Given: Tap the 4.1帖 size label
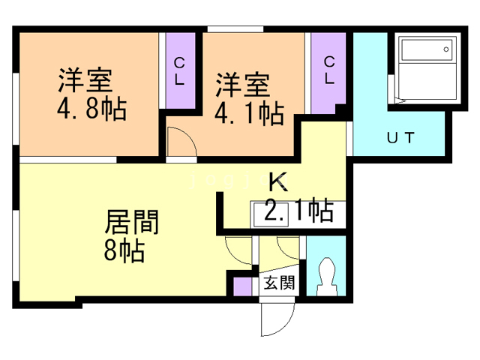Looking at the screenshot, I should click(x=249, y=114).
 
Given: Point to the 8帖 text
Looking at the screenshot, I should click(x=124, y=250).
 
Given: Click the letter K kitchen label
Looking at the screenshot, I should click(x=277, y=181).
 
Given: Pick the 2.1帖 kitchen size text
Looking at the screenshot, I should click(x=298, y=211).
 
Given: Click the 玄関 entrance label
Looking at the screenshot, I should click(x=278, y=284).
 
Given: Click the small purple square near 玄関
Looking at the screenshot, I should click(x=241, y=286).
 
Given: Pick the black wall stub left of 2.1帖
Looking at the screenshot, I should click(x=220, y=212).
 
